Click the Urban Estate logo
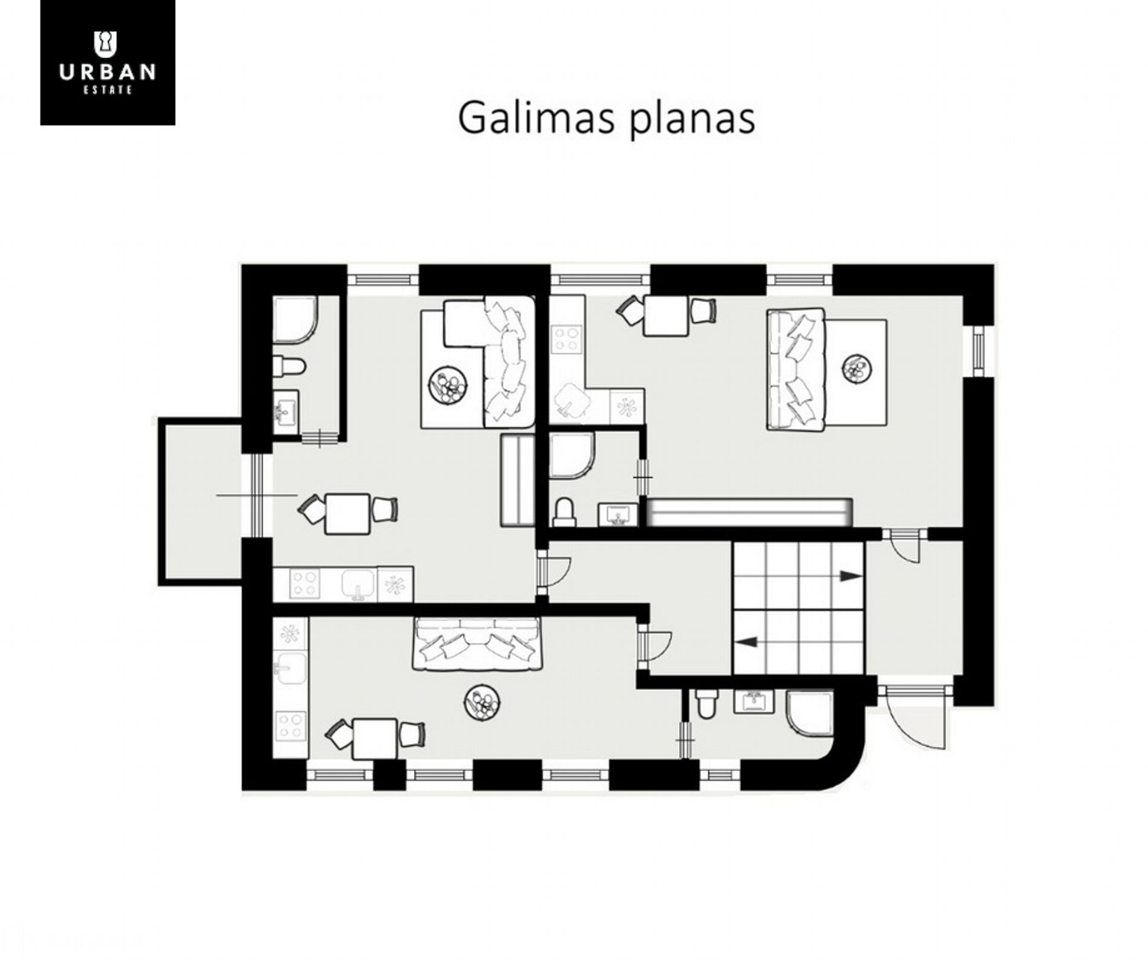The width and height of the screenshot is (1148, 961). coord(108,62)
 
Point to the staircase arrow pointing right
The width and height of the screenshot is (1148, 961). coord(850,576)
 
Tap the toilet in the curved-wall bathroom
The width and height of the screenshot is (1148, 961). coord(706,703)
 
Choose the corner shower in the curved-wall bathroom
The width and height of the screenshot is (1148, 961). coord(810,713)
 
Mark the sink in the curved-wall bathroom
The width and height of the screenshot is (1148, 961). coord(753,701)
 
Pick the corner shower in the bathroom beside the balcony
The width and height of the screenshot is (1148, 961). coord(295,319)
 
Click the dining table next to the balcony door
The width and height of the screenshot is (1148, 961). coord(347,514)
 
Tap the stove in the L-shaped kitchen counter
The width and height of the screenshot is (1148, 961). coord(567,338)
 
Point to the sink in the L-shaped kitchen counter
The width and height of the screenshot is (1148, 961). coord(570,401)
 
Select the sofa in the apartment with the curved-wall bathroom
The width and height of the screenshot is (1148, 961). coord(477,644)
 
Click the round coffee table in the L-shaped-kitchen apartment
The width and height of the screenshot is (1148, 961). coord(856,369)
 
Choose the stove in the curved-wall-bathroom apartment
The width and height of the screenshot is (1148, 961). coord(291,726)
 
